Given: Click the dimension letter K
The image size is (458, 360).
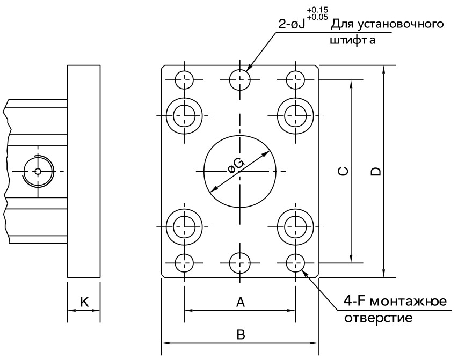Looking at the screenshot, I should pos(84,302).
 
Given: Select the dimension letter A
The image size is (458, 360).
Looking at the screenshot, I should pos(241,303).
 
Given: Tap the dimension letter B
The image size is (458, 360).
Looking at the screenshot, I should pos(241,334).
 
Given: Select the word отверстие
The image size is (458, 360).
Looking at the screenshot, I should pos(377,318).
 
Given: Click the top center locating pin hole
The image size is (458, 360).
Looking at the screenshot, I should pos(240,80).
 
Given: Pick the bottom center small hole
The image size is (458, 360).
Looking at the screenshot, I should pos(240,263).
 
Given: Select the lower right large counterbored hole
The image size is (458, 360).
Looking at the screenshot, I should pos(295,226).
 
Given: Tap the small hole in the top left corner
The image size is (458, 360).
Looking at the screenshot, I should pos(184,80).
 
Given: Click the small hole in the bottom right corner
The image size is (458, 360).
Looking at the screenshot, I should pos(295,263).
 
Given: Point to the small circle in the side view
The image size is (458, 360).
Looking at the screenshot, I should pos(37,172).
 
